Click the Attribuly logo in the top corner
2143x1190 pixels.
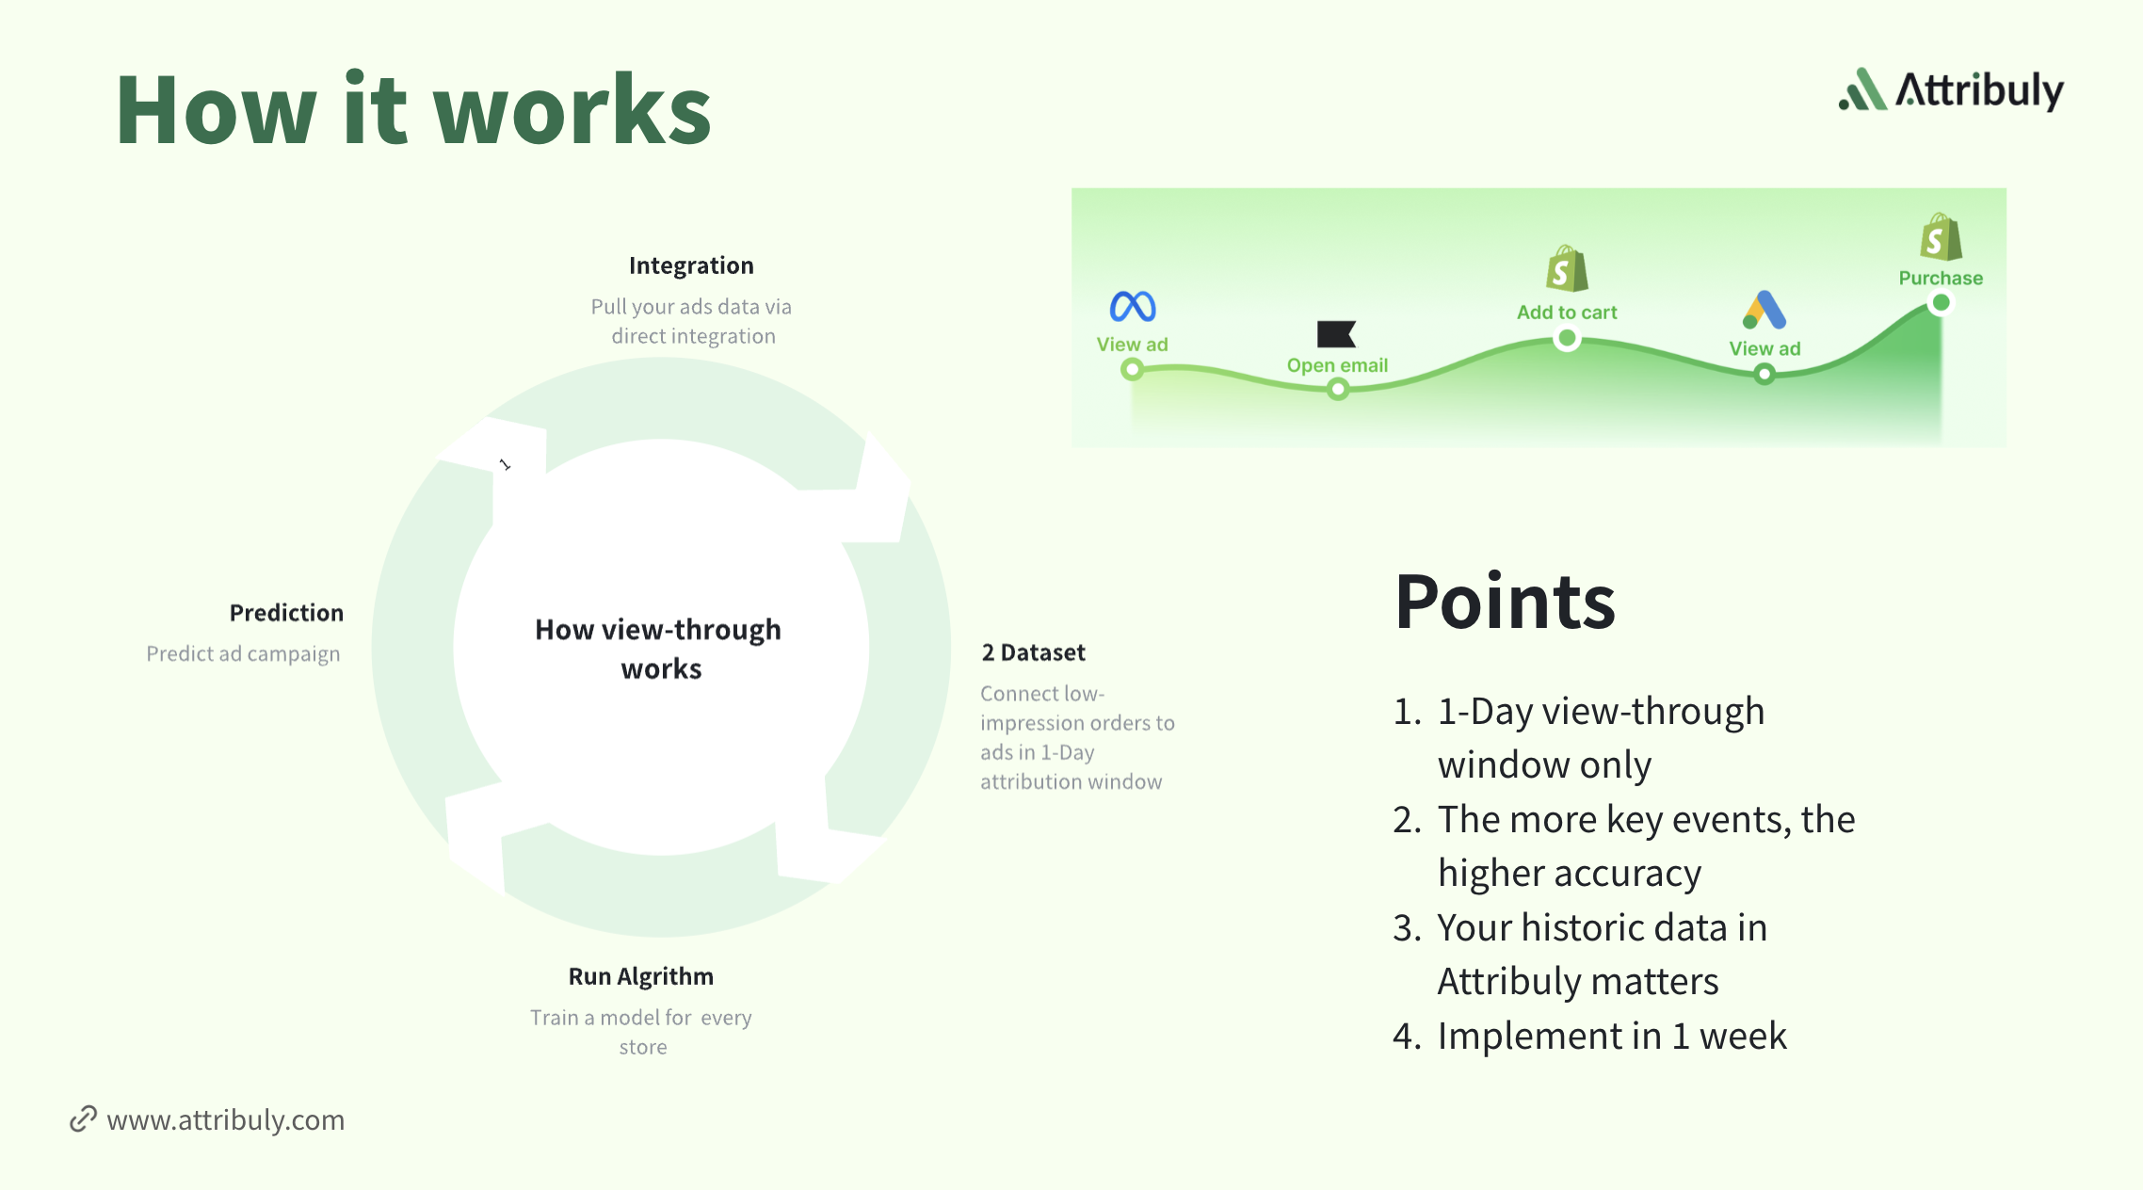[x=1951, y=90]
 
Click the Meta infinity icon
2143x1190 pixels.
[x=1133, y=307]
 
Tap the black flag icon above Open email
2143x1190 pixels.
[x=1336, y=334]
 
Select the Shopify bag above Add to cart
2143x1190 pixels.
[x=1567, y=269]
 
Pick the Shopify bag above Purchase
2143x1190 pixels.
[x=1941, y=237]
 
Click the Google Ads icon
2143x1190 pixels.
[x=1764, y=310]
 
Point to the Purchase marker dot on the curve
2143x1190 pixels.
[x=1941, y=302]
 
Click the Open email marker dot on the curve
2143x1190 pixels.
[x=1338, y=389]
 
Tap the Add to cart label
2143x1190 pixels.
[x=1567, y=313]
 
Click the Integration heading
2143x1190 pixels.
[x=691, y=265]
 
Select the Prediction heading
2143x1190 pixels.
[x=286, y=613]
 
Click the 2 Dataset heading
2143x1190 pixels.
[x=1033, y=652]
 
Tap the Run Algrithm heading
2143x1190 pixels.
[x=640, y=976]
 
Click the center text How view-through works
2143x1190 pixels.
[x=659, y=649]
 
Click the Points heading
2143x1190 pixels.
[x=1505, y=602]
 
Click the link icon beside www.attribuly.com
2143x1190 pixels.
[x=84, y=1118]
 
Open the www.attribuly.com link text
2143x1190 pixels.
[x=226, y=1120]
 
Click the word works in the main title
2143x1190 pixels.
[x=572, y=110]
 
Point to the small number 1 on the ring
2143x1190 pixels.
[x=505, y=464]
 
